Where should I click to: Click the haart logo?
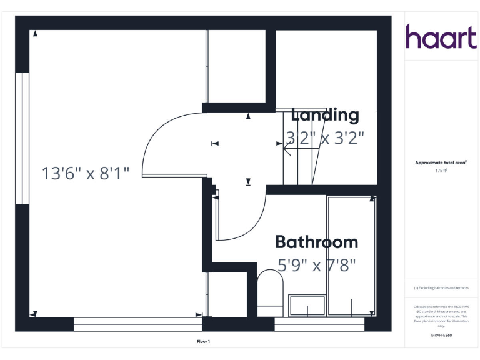[x=441, y=37]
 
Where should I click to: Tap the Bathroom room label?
[x=316, y=242]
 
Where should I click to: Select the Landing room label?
[x=325, y=115]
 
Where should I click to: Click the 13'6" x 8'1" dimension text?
[x=86, y=173]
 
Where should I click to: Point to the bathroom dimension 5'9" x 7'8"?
[x=316, y=266]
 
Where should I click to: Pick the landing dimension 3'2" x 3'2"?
[x=324, y=137]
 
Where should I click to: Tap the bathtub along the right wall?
[x=351, y=256]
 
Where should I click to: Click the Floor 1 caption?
[x=203, y=341]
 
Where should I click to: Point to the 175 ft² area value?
[x=441, y=170]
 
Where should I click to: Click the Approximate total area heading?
[x=441, y=162]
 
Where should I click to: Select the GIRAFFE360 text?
[x=441, y=336]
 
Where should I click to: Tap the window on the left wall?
[x=22, y=138]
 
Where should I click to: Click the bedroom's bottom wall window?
[x=137, y=324]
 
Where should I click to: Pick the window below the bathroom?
[x=319, y=324]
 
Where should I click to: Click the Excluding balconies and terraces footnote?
[x=441, y=288]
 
